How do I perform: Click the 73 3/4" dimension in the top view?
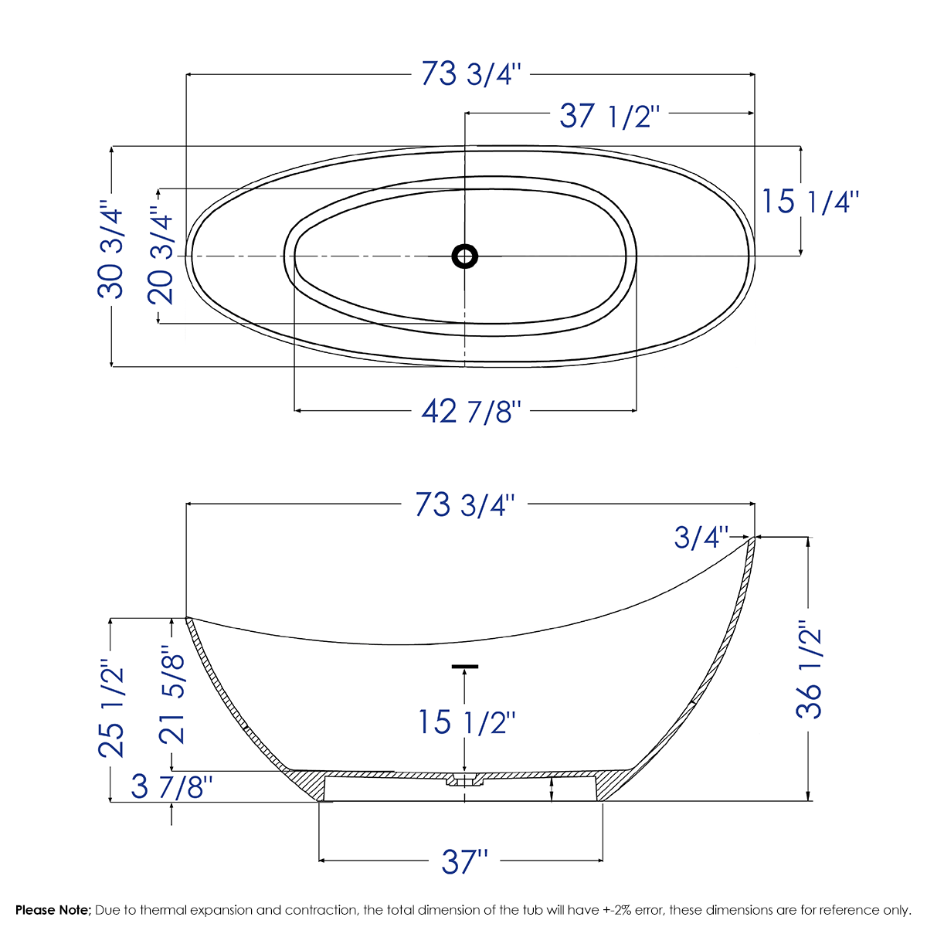tap(471, 74)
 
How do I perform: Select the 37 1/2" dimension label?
tap(610, 116)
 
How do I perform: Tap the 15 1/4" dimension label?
tap(810, 202)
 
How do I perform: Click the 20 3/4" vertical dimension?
tap(163, 255)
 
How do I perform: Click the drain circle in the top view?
tap(464, 256)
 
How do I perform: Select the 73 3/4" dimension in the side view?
tap(464, 504)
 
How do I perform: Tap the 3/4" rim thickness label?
tap(701, 537)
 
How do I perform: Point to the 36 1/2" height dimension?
tap(810, 670)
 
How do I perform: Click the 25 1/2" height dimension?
tap(111, 708)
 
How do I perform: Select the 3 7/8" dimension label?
tap(171, 787)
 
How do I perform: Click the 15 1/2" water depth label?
tap(467, 722)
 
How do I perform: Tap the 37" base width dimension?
tap(465, 861)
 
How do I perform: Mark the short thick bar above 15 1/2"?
tap(465, 666)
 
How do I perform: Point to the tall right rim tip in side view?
tap(752, 540)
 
